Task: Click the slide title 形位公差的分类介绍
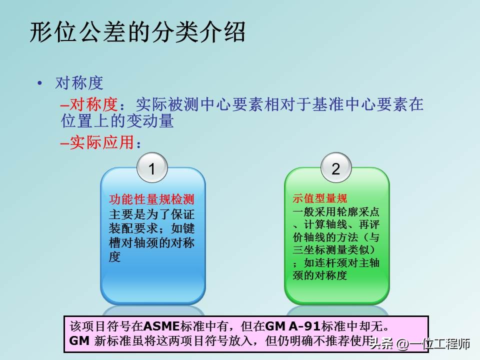coord(138,32)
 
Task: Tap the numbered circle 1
coord(152,168)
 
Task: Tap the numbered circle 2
coord(335,168)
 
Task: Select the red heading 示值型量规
coord(320,198)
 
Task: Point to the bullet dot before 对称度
coord(39,83)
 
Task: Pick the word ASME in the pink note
coord(160,326)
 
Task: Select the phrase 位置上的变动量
coord(117,121)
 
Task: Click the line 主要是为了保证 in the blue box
coord(152,214)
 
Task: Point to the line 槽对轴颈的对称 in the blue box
coord(152,243)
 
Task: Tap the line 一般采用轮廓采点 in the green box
coord(336,211)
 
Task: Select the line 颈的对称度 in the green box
coord(320,275)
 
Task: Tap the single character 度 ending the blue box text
coord(115,257)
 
